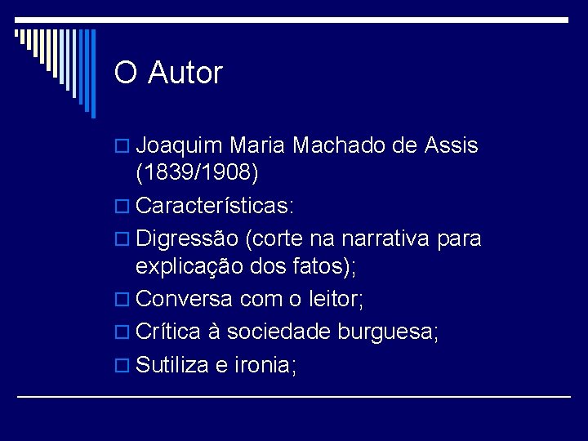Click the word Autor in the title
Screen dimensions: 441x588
tap(185, 73)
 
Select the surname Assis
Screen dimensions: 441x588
tap(451, 146)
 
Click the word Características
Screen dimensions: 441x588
tap(215, 206)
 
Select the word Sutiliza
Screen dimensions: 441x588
tap(171, 365)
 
